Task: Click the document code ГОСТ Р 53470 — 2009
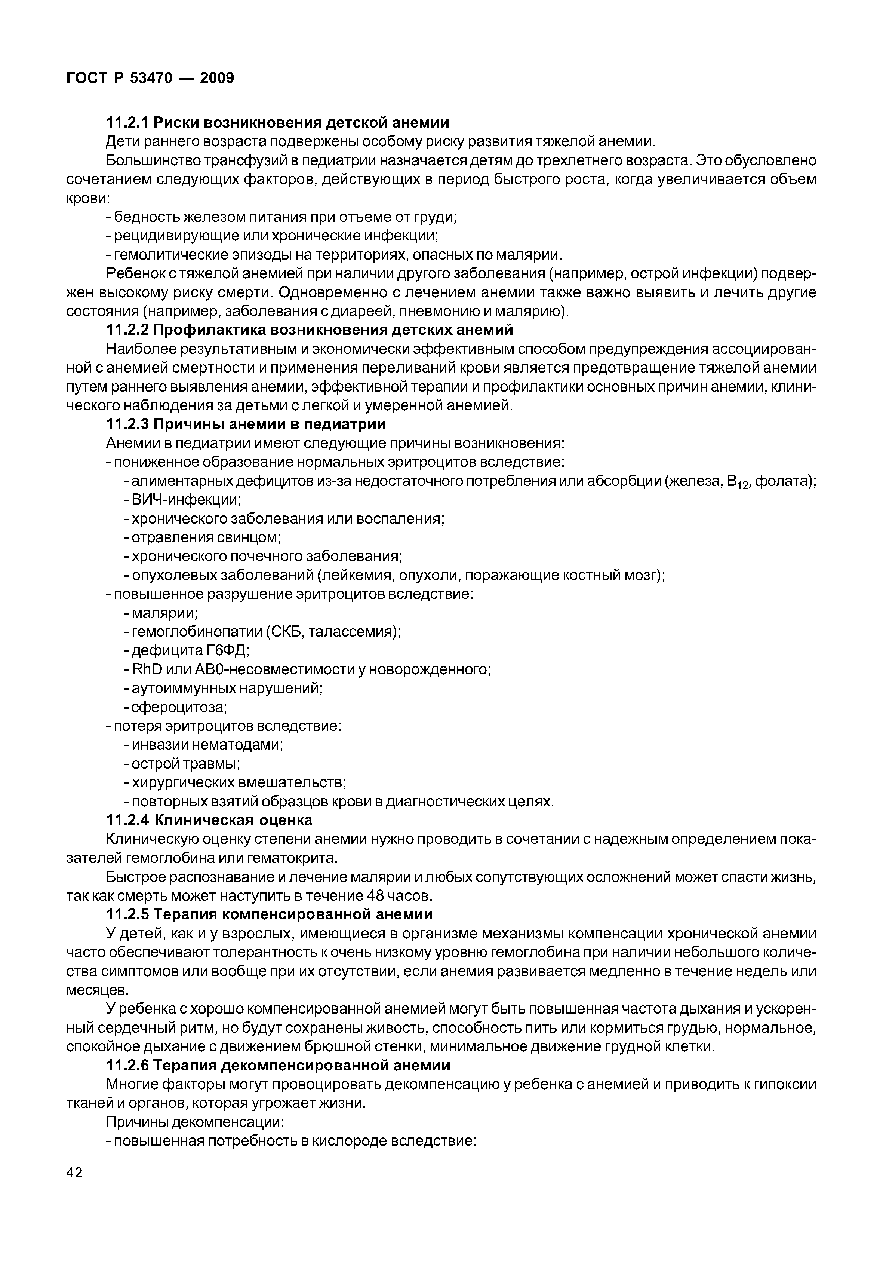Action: tap(150, 78)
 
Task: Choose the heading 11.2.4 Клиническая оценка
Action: tap(209, 820)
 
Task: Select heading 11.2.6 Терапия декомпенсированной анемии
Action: tap(278, 1065)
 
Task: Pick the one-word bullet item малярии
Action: tap(164, 613)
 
